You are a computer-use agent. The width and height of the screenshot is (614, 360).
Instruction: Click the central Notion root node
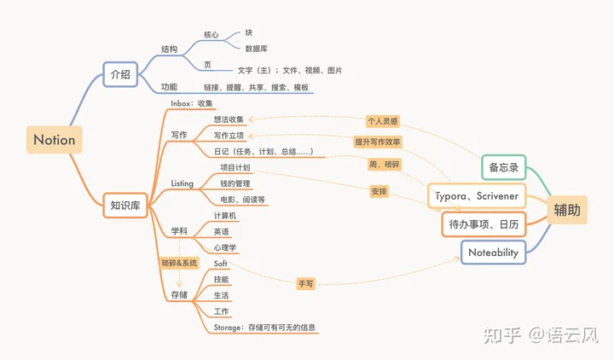(x=55, y=139)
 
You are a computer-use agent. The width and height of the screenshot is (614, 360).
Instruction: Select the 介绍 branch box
(x=120, y=74)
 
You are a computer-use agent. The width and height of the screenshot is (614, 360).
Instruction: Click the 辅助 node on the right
(x=569, y=210)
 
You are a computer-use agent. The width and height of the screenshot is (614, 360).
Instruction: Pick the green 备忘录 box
(x=503, y=167)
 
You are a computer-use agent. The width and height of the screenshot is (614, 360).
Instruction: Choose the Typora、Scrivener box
(x=477, y=195)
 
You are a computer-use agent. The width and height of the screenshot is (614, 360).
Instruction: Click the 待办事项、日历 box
(x=484, y=224)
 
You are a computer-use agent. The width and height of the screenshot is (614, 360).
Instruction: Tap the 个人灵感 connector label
(x=383, y=121)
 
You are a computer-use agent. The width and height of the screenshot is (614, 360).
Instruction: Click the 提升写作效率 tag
(x=379, y=142)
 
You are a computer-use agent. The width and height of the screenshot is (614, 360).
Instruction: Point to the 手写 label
(x=305, y=283)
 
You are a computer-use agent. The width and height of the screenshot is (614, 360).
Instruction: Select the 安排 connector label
(x=379, y=192)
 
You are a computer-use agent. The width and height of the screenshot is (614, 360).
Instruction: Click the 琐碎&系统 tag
(x=179, y=263)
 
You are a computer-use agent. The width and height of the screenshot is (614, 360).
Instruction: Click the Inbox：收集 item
(x=191, y=103)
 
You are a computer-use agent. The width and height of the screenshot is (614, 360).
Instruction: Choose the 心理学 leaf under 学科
(x=225, y=247)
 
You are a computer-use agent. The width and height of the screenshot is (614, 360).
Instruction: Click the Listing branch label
(x=182, y=183)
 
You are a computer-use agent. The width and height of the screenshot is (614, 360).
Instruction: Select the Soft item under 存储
(x=221, y=264)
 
